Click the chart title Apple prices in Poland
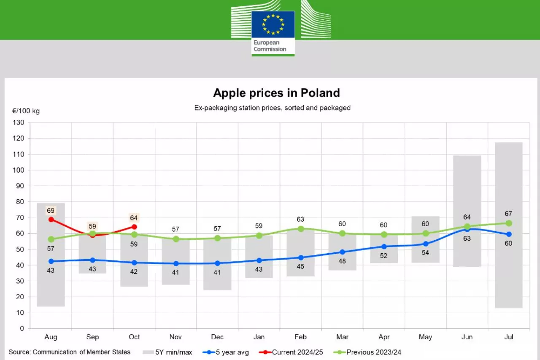(x=276, y=93)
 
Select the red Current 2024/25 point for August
(x=51, y=219)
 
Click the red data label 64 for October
(x=134, y=218)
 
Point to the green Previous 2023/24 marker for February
(x=301, y=229)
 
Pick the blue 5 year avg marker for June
(x=467, y=229)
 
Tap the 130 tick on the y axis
(x=20, y=122)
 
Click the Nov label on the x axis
(x=175, y=337)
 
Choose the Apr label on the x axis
(x=384, y=337)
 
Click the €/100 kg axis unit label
(x=26, y=111)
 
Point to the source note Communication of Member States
(x=70, y=352)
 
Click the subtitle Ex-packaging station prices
(x=272, y=108)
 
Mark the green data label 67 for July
(x=508, y=214)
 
